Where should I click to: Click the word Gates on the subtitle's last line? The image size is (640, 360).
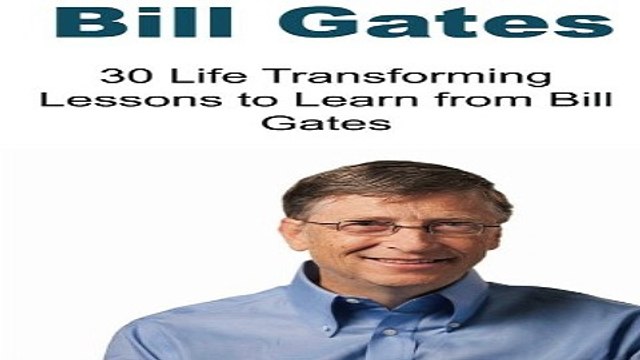(x=320, y=129)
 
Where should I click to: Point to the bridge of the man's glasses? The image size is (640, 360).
(x=391, y=224)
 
